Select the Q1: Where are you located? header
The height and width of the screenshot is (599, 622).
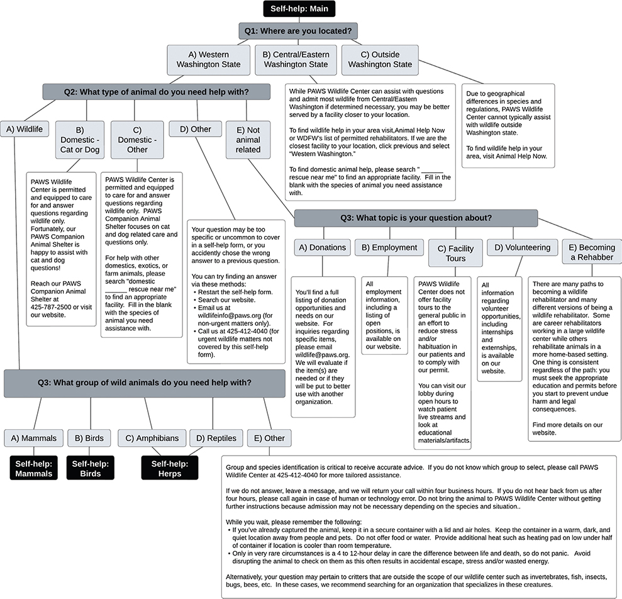[298, 31]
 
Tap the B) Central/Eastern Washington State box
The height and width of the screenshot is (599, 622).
[296, 60]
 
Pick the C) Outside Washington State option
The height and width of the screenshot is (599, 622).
[380, 60]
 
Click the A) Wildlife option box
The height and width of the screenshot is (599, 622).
[25, 130]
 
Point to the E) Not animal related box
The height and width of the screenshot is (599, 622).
[248, 140]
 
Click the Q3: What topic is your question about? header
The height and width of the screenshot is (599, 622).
[416, 218]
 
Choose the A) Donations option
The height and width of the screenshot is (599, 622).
[323, 248]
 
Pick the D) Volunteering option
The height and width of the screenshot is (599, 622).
[522, 248]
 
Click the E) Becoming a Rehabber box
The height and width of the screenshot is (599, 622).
[591, 252]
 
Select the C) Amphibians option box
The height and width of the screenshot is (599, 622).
[152, 439]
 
